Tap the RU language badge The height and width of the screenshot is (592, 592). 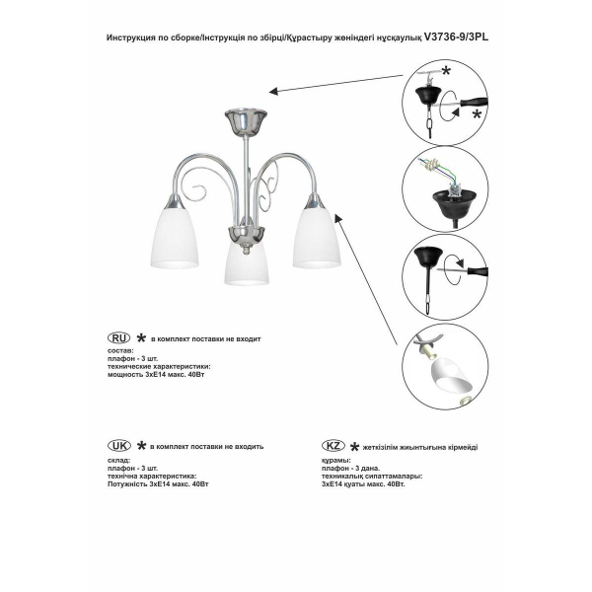point(118,338)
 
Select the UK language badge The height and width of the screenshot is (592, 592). point(118,446)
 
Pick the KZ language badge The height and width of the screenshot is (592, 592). point(334,446)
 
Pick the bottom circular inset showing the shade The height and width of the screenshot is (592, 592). point(447,368)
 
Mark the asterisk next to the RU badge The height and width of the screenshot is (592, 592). point(141,338)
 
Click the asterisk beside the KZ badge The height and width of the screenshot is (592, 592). point(355,446)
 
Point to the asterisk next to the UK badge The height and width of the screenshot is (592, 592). point(141,446)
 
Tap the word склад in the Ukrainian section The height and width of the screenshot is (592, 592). point(116,460)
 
